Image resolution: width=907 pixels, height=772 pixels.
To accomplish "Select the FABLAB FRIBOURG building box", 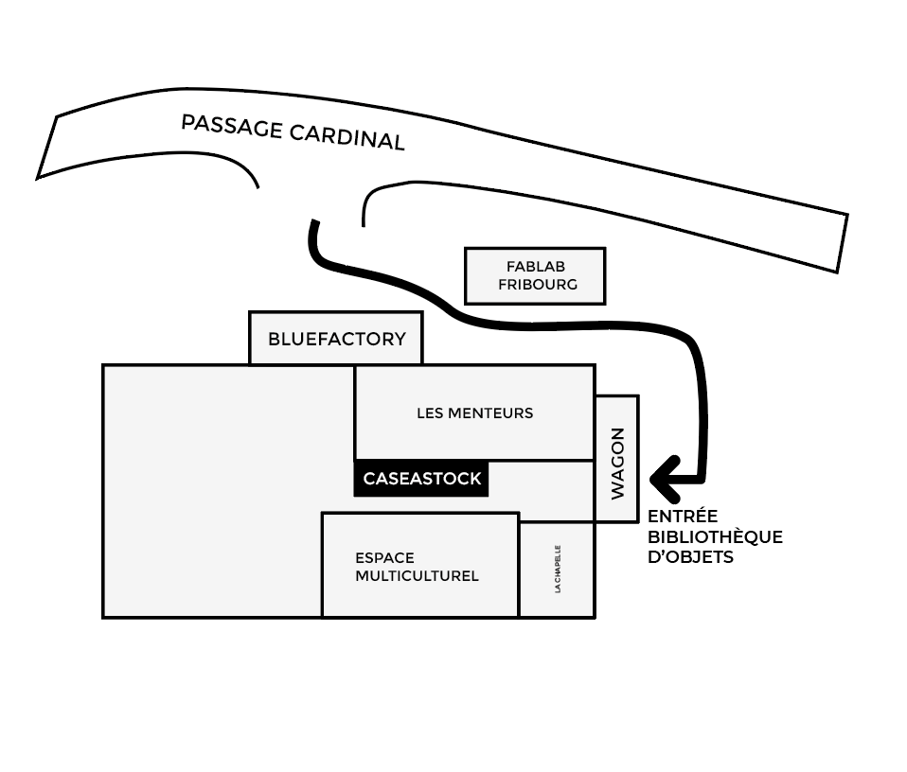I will (x=535, y=276).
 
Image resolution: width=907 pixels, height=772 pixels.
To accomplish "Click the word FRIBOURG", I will (x=537, y=285).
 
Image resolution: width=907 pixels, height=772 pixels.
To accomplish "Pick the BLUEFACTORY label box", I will (x=336, y=339).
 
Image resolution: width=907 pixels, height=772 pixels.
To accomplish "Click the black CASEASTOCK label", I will (x=422, y=479).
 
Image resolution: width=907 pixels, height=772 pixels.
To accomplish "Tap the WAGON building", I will (x=617, y=459).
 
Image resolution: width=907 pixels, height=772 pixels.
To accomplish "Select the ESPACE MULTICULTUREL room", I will (x=419, y=565).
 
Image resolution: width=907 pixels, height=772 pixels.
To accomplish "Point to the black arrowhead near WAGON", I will (x=663, y=479).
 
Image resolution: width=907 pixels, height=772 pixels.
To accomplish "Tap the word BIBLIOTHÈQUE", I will (x=715, y=537).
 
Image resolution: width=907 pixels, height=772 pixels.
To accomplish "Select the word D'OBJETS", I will (x=690, y=557).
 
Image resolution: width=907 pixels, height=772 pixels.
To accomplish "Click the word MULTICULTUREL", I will (x=417, y=575).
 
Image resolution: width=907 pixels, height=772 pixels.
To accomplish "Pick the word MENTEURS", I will (x=489, y=412).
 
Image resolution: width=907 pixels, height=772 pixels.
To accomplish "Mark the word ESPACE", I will (x=384, y=557).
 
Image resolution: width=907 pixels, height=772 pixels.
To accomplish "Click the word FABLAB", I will (x=536, y=267).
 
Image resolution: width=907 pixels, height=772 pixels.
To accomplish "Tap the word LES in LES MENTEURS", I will (x=429, y=412).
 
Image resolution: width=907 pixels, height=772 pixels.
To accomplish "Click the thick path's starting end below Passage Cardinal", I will (x=313, y=226).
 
